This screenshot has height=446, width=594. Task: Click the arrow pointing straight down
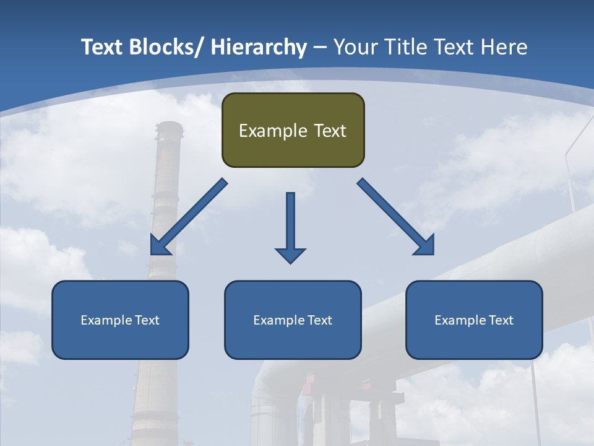[x=290, y=226]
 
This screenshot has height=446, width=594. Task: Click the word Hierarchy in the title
[x=259, y=47]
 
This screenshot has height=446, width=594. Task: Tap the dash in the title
[x=320, y=48]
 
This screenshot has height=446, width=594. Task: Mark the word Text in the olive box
[x=329, y=131]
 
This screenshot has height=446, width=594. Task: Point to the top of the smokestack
[x=170, y=127]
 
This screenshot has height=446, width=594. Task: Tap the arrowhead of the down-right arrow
[x=426, y=247]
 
